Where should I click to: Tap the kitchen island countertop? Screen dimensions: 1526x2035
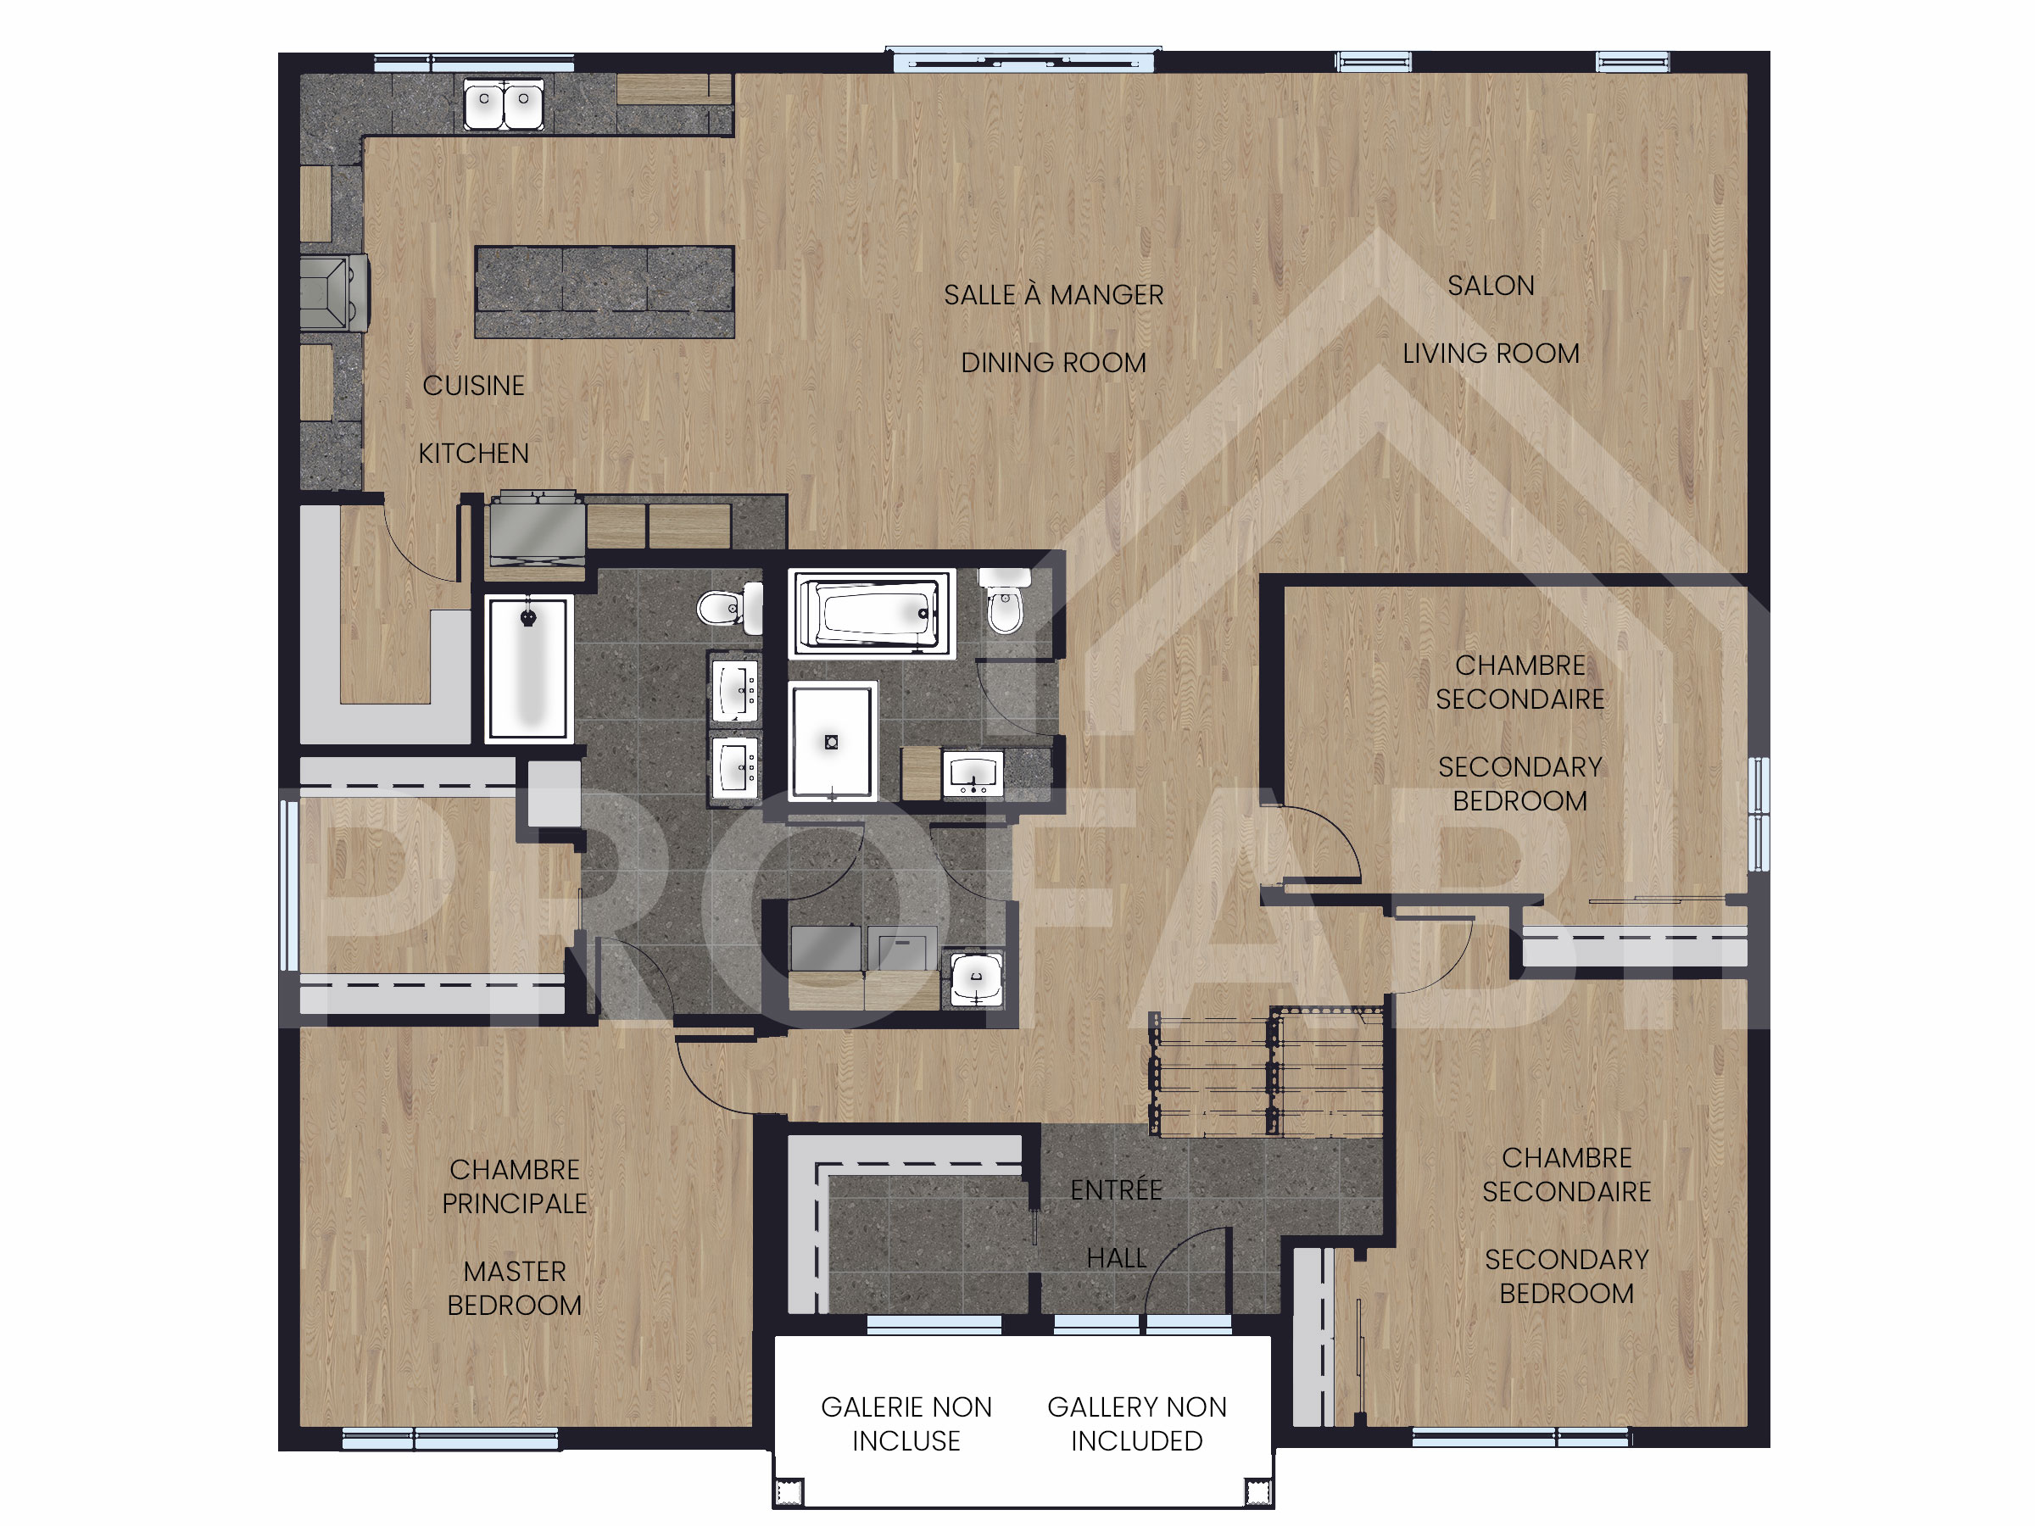point(605,292)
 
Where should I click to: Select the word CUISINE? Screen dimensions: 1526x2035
point(473,386)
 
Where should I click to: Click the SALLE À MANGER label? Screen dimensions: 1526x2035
point(1053,295)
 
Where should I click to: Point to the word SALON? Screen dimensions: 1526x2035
point(1491,286)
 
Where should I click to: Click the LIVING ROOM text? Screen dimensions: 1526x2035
point(1491,354)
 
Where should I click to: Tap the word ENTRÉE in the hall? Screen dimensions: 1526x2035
point(1116,1190)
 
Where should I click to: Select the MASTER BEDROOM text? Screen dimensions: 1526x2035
point(515,1288)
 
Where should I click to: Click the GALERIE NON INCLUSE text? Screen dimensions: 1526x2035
point(906,1423)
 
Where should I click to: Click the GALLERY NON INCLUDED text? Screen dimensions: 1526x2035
point(1136,1423)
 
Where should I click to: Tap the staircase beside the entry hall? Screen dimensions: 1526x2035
point(1267,1073)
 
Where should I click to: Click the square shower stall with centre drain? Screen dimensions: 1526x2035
point(832,740)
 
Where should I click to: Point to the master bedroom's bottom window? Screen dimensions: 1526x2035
point(450,1439)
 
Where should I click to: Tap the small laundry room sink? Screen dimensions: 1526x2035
point(976,978)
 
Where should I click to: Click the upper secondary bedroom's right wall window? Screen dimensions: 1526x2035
point(1757,813)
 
